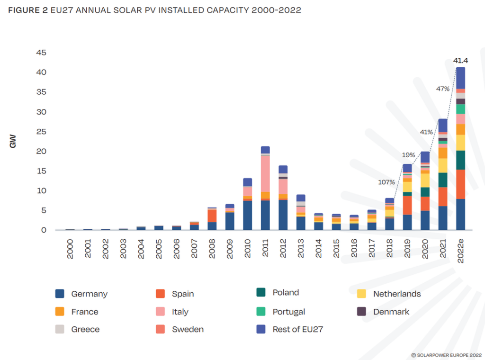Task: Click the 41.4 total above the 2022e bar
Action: [460, 61]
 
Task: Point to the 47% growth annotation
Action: [443, 89]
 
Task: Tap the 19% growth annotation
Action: [409, 155]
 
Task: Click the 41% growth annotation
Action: [426, 132]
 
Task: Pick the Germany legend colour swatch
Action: [60, 294]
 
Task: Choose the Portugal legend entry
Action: [288, 312]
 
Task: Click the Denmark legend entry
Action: [391, 312]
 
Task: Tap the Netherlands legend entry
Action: [396, 294]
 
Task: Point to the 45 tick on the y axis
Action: [41, 53]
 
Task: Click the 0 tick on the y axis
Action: [44, 230]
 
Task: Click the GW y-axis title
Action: [13, 141]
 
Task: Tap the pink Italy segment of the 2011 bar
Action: [265, 173]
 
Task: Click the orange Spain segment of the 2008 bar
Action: [212, 216]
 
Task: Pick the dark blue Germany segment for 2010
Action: [248, 216]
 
